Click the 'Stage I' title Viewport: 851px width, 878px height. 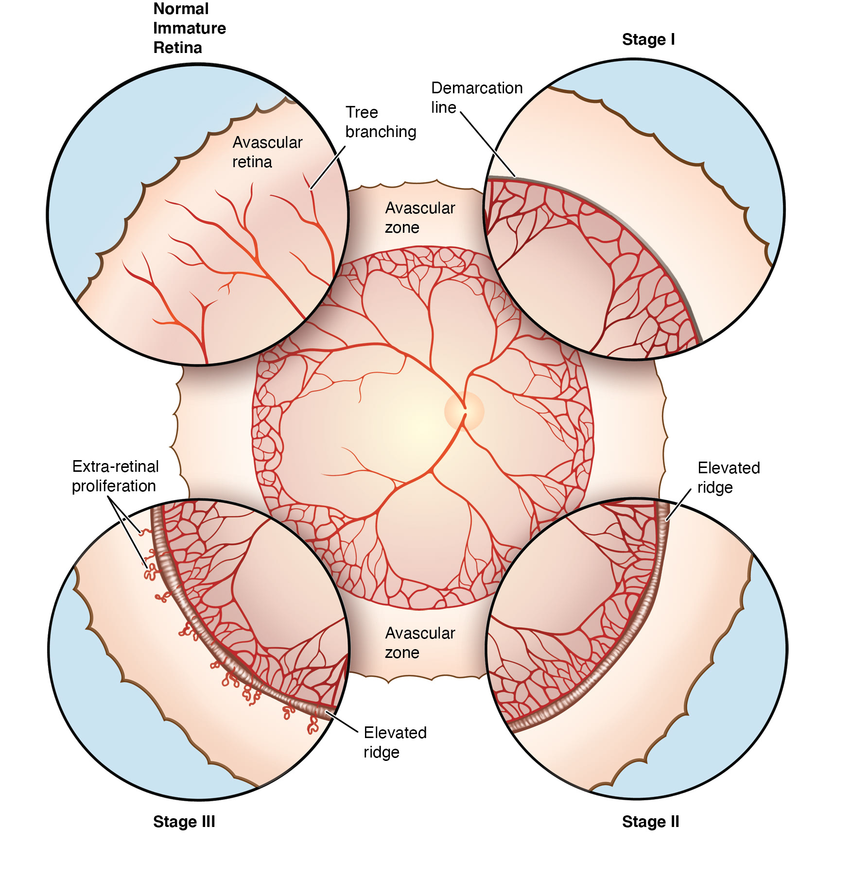tap(648, 39)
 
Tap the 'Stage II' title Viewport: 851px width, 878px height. tap(650, 822)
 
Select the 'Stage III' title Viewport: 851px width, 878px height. tap(184, 822)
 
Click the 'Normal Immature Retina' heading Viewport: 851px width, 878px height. tap(189, 28)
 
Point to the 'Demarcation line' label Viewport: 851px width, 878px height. tap(476, 97)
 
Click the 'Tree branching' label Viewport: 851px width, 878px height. tap(380, 122)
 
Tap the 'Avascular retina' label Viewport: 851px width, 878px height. tap(267, 152)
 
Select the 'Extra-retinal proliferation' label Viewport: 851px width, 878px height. tap(115, 476)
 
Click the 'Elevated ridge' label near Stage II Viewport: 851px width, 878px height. tap(728, 477)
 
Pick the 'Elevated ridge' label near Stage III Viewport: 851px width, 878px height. tap(395, 742)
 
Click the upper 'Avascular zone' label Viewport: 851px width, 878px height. tap(419, 217)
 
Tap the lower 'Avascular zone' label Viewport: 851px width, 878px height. tap(419, 642)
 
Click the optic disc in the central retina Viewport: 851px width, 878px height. tap(464, 412)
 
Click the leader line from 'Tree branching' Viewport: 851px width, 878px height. tap(328, 168)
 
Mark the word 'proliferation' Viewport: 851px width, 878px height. tap(114, 486)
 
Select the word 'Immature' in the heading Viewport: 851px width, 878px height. tap(189, 28)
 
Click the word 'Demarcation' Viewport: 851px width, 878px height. tap(476, 88)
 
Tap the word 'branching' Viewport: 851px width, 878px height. tap(380, 132)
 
